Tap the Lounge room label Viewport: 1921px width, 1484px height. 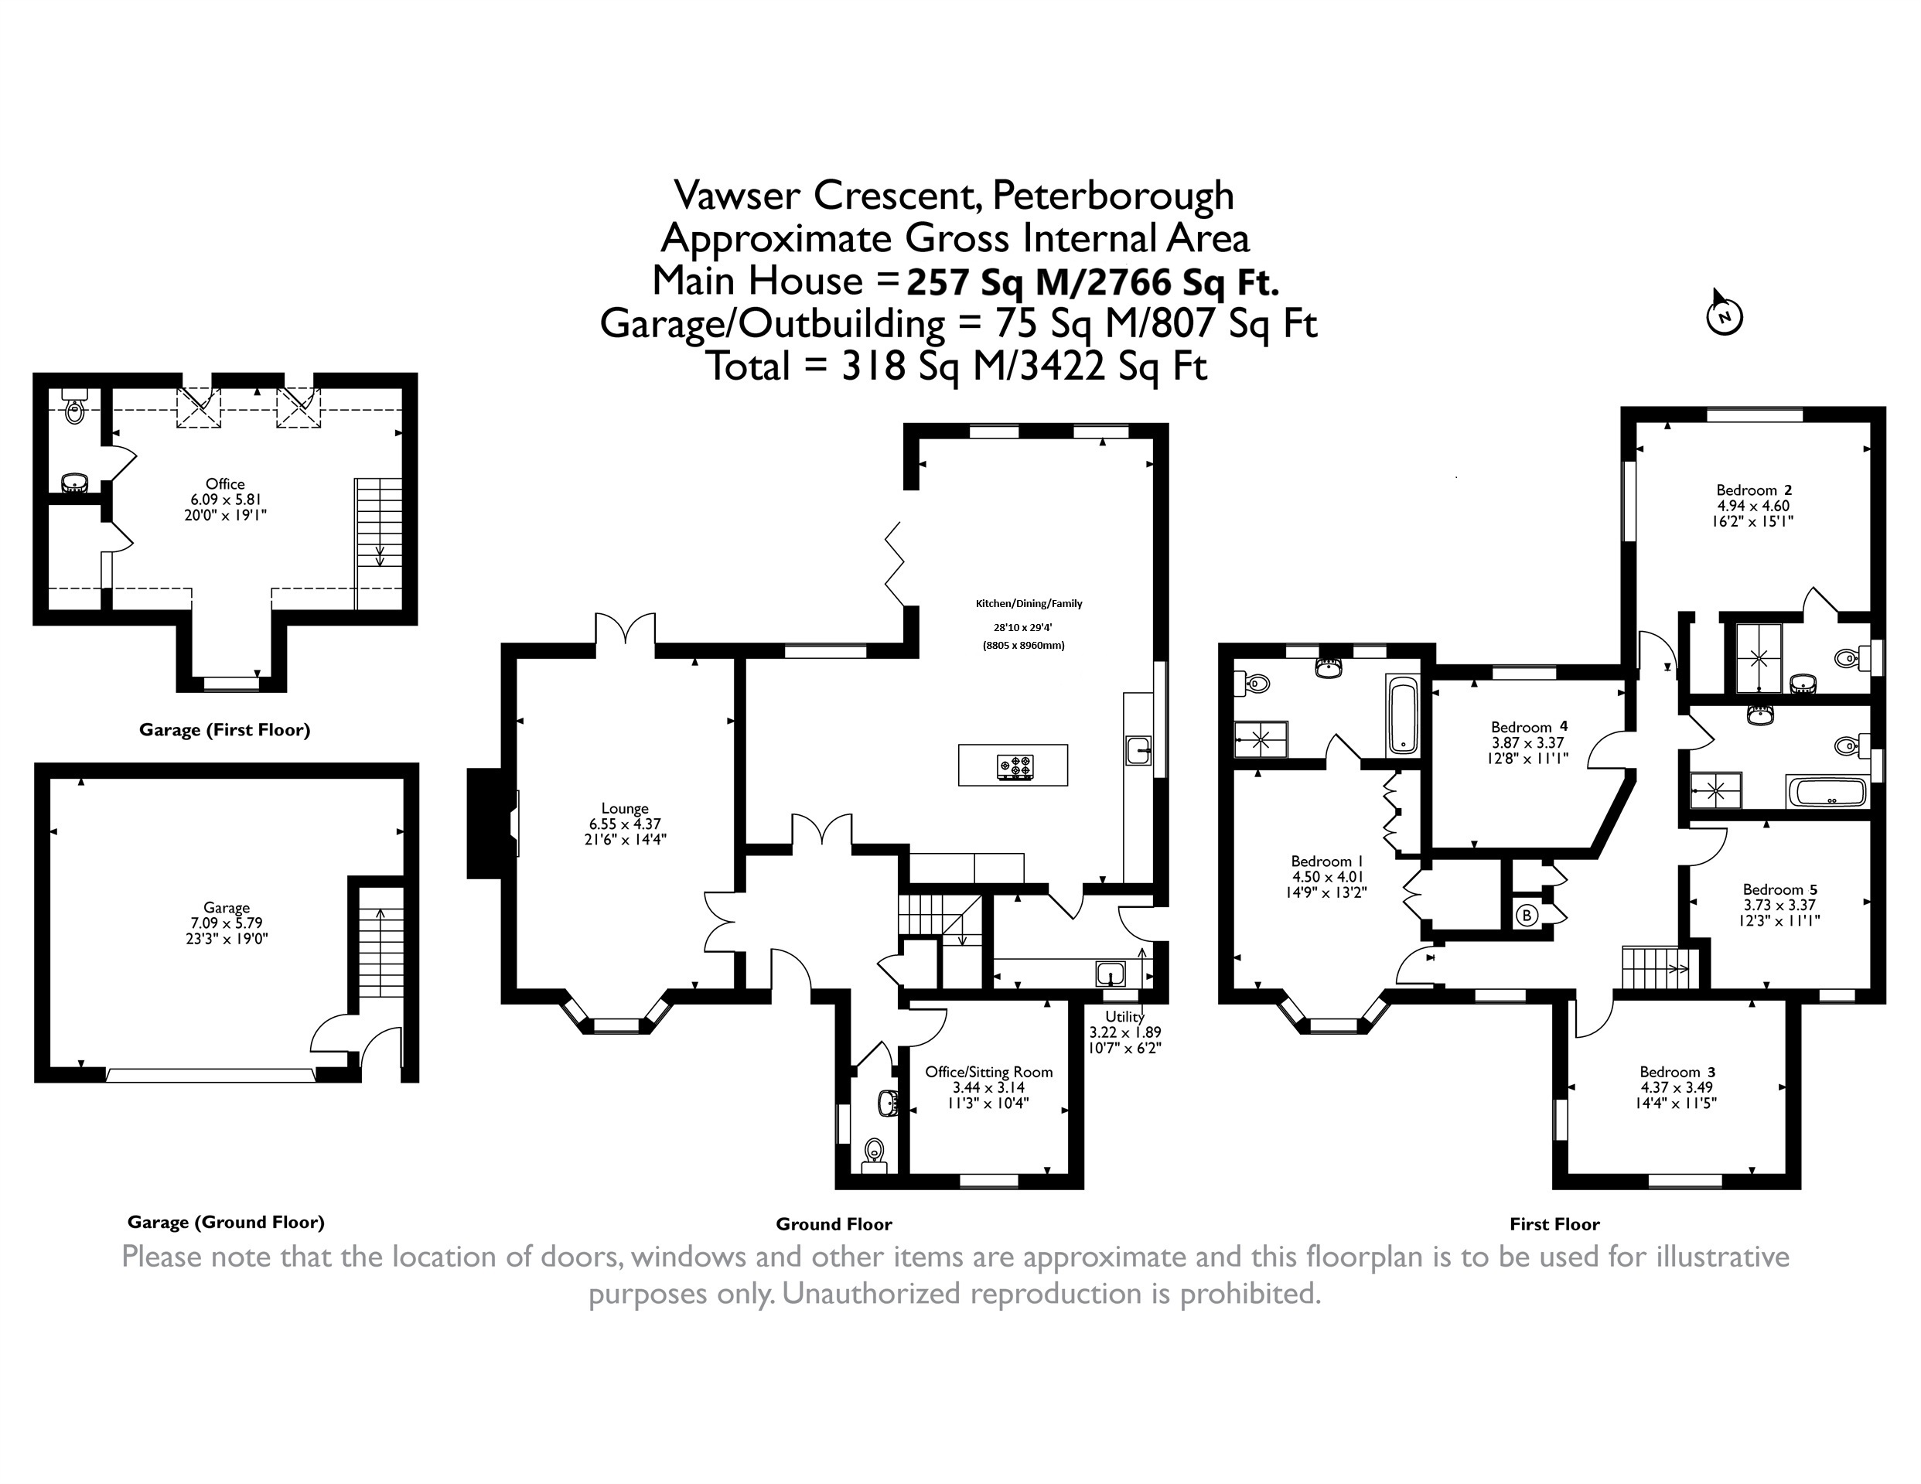(625, 807)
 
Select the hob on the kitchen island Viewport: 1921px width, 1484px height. (1015, 766)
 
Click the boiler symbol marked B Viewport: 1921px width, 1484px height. (1527, 916)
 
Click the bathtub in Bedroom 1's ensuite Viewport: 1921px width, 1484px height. (1403, 715)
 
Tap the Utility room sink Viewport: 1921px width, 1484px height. (1111, 974)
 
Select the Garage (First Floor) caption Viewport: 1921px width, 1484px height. (224, 729)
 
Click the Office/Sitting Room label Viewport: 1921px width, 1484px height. (988, 1072)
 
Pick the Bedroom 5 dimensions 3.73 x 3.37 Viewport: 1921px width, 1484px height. (1781, 904)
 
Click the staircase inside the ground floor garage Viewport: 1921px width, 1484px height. (380, 941)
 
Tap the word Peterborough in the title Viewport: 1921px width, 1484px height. (1114, 196)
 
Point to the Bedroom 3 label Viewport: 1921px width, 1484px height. (1677, 1072)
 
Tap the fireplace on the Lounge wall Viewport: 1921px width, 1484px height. (493, 824)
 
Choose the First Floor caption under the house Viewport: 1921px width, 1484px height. (1554, 1223)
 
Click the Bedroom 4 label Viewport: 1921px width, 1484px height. (1529, 727)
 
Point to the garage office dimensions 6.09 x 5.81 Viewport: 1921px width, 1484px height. (226, 499)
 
